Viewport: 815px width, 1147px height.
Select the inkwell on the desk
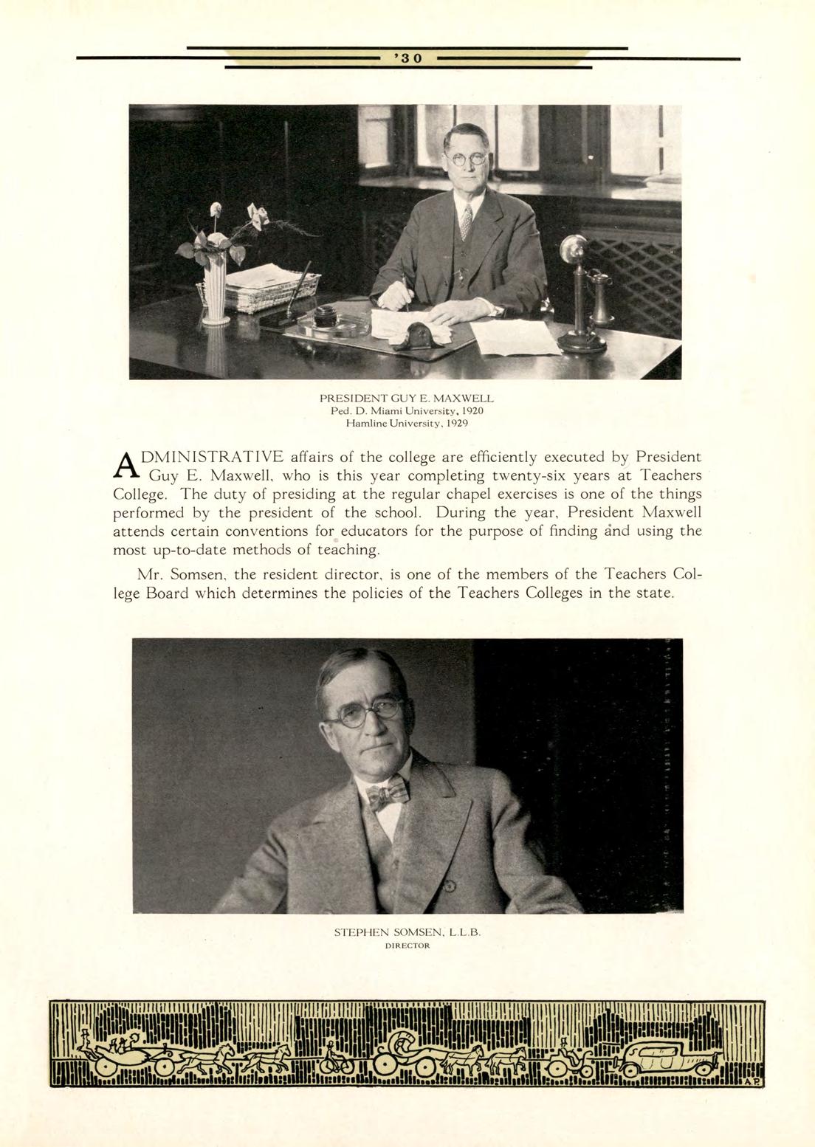click(x=326, y=320)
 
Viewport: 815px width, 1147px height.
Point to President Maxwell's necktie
click(x=466, y=221)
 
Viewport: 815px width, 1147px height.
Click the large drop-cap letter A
click(x=127, y=464)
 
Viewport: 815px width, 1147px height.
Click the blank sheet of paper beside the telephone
click(x=515, y=337)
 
